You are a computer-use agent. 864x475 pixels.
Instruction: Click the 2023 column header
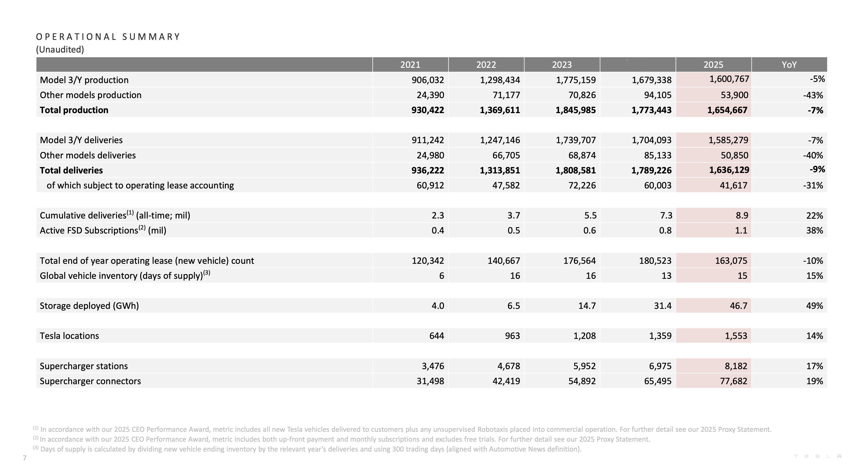562,65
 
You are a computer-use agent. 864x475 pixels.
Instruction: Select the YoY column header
789,65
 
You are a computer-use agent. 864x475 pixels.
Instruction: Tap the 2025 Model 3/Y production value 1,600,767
729,79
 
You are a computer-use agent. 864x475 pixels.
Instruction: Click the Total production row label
74,110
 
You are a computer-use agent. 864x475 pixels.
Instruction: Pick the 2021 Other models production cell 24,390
430,95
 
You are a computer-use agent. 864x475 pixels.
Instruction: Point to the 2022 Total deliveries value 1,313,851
500,170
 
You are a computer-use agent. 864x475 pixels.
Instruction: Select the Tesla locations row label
69,336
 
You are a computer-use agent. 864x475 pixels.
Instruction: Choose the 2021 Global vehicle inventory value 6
441,276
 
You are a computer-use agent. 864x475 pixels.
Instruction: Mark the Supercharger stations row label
84,366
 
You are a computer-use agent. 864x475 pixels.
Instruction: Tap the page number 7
24,458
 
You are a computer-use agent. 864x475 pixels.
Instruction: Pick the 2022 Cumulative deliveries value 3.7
514,215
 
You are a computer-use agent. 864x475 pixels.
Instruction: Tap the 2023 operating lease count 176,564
579,260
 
